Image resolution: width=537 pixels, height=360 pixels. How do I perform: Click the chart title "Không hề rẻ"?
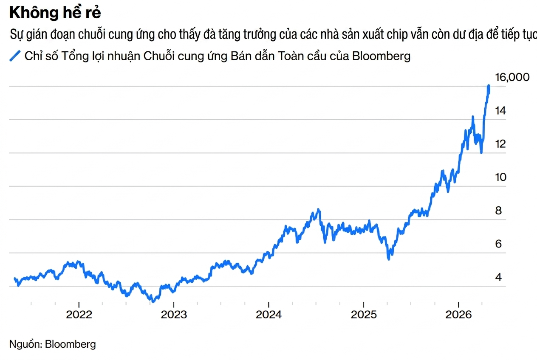(55, 13)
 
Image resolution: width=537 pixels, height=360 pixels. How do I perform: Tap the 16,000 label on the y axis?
(512, 77)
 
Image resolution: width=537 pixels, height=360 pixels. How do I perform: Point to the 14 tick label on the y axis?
(501, 111)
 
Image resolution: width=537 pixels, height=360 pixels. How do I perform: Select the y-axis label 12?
(501, 144)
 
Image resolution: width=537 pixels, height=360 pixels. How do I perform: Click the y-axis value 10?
(501, 177)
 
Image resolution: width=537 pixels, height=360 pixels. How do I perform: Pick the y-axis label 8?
(499, 211)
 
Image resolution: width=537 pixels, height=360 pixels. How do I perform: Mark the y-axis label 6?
(499, 244)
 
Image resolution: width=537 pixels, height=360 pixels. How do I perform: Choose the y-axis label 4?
(499, 277)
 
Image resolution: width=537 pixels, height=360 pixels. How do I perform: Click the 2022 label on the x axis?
(79, 315)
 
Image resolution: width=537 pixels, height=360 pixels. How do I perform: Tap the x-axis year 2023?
(174, 315)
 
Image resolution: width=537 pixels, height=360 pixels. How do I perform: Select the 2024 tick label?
(268, 315)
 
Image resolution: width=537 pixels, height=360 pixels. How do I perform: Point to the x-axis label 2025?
(363, 315)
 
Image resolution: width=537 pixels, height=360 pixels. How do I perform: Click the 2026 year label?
(458, 315)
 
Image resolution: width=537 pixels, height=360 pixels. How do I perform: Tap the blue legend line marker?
(15, 56)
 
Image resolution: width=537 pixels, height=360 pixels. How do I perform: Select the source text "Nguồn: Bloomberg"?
(53, 344)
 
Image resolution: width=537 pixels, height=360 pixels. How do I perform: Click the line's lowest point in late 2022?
(153, 301)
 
